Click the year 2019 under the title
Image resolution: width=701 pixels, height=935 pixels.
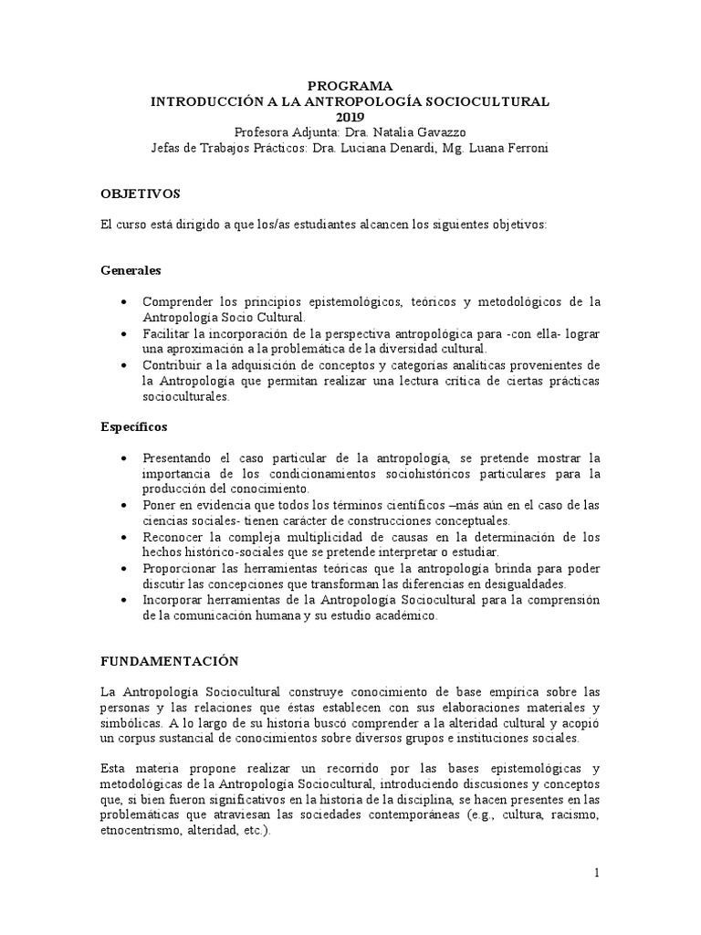[350, 117]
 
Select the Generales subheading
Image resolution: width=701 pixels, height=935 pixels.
[131, 271]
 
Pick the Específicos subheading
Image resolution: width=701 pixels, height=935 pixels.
[133, 426]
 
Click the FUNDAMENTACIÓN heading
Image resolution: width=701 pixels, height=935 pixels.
[169, 660]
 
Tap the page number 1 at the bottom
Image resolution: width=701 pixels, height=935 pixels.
[597, 874]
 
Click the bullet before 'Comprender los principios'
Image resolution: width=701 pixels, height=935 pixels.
[124, 302]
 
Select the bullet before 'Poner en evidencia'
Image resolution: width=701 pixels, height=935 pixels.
[124, 504]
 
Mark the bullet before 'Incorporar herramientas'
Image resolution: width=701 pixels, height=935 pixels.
[124, 600]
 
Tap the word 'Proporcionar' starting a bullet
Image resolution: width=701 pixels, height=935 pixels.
[179, 568]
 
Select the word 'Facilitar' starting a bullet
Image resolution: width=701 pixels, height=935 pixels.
[166, 333]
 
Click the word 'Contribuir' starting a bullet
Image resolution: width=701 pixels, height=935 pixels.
[171, 365]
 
